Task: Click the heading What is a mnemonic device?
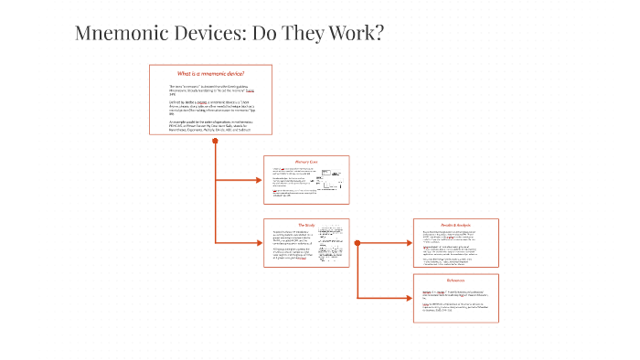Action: (x=210, y=73)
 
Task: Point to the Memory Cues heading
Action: (x=305, y=162)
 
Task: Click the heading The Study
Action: (x=305, y=225)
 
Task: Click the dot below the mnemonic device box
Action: (x=215, y=142)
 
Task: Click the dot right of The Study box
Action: (x=357, y=243)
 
